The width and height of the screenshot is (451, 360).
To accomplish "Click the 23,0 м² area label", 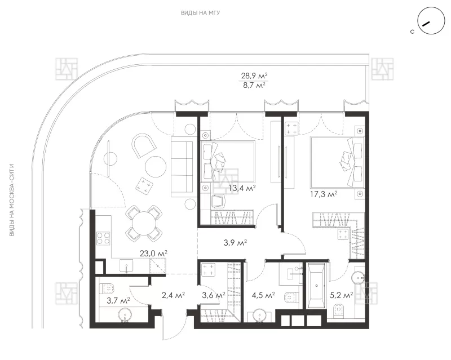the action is click(x=153, y=254).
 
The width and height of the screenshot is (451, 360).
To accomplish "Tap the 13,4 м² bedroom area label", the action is click(x=242, y=188).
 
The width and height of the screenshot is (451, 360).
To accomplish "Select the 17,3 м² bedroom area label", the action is click(x=324, y=194).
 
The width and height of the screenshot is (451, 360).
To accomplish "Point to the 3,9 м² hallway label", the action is click(x=235, y=243).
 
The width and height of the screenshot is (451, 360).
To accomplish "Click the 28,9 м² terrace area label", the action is click(x=254, y=76).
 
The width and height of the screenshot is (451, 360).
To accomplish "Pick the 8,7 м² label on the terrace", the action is click(x=254, y=86).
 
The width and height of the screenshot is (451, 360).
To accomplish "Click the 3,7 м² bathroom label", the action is click(x=118, y=300).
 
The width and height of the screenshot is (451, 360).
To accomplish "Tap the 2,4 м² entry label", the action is click(x=173, y=295).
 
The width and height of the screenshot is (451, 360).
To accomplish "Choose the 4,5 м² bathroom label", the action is click(x=263, y=295).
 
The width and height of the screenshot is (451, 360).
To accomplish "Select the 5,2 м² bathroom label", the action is click(x=342, y=295).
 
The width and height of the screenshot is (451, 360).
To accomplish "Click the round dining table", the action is click(x=144, y=224).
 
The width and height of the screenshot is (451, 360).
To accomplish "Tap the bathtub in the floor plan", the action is click(x=316, y=286).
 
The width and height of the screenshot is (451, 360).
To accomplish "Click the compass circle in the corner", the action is click(x=431, y=20).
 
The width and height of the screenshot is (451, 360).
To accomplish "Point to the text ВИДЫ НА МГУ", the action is click(x=201, y=13).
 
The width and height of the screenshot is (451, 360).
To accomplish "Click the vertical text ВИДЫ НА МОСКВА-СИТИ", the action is click(x=12, y=200).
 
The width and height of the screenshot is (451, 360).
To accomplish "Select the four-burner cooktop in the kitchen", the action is click(x=103, y=238).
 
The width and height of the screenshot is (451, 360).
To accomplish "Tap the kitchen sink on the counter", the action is click(x=126, y=265).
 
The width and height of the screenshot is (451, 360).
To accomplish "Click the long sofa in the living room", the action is click(x=182, y=167).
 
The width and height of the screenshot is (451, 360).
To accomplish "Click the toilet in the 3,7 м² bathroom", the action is click(x=107, y=288).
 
